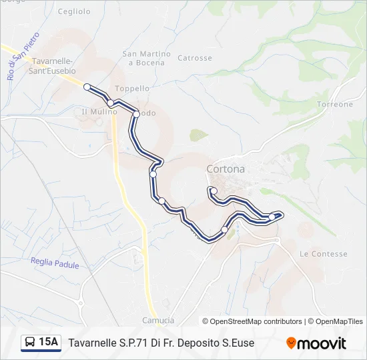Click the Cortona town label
[226, 169]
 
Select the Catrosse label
[195, 58]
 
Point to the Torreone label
[335, 105]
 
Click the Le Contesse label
[324, 254]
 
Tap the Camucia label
[158, 321]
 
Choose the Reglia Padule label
[55, 265]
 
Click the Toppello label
[132, 88]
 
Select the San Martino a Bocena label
[146, 58]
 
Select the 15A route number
[48, 343]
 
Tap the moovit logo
[316, 343]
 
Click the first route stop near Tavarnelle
[87, 86]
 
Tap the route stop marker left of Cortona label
[153, 174]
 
